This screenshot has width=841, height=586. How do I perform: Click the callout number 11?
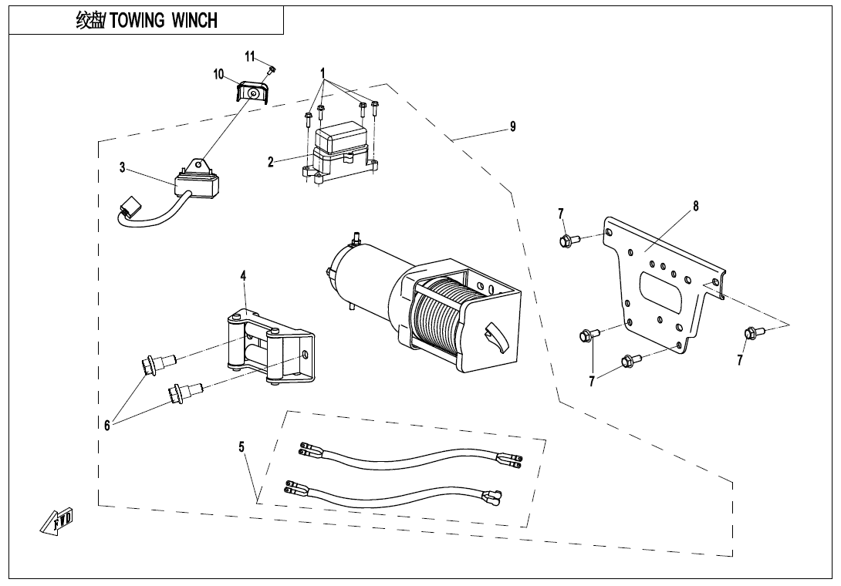pos(250,56)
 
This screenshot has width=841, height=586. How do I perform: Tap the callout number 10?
pos(219,75)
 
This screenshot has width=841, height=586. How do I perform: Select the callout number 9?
pos(513,127)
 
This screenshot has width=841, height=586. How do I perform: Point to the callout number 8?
pos(696,206)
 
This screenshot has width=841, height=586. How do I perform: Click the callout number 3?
pos(122,168)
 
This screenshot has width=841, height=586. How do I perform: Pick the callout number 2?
pos(271,162)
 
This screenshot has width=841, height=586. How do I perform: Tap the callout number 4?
pos(243,275)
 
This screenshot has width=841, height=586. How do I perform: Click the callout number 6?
pos(108,423)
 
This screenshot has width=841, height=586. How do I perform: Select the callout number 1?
pos(323,73)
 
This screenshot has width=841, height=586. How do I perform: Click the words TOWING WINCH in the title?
pos(164,21)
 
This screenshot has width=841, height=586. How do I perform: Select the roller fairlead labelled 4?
pos(270,347)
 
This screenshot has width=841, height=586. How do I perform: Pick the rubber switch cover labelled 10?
pos(252,93)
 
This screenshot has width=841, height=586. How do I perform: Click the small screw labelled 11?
pos(271,70)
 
